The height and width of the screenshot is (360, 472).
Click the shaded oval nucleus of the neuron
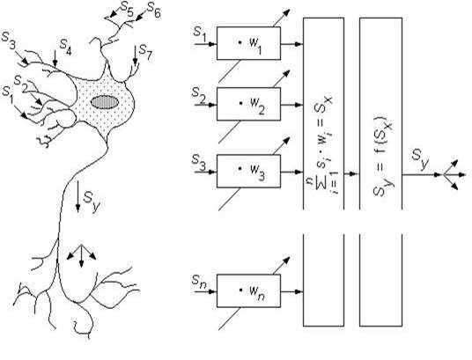(105, 102)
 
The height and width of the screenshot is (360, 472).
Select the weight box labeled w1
(248, 43)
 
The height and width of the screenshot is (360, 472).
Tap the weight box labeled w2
(248, 104)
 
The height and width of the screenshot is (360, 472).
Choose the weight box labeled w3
(248, 172)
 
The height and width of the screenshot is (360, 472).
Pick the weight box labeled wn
(248, 290)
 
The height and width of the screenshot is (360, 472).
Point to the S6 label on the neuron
(153, 11)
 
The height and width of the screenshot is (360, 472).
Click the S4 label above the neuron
(65, 47)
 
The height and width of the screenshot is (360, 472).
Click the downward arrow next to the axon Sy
(77, 196)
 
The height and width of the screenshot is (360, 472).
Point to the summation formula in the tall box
(322, 144)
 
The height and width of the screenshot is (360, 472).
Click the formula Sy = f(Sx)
(382, 157)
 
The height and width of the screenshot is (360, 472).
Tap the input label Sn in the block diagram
(199, 282)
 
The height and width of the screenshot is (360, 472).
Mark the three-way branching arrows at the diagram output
(452, 174)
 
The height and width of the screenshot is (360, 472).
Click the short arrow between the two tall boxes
(351, 173)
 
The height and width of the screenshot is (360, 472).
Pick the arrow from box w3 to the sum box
(291, 172)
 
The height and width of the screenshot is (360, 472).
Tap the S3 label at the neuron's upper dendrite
(9, 41)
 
